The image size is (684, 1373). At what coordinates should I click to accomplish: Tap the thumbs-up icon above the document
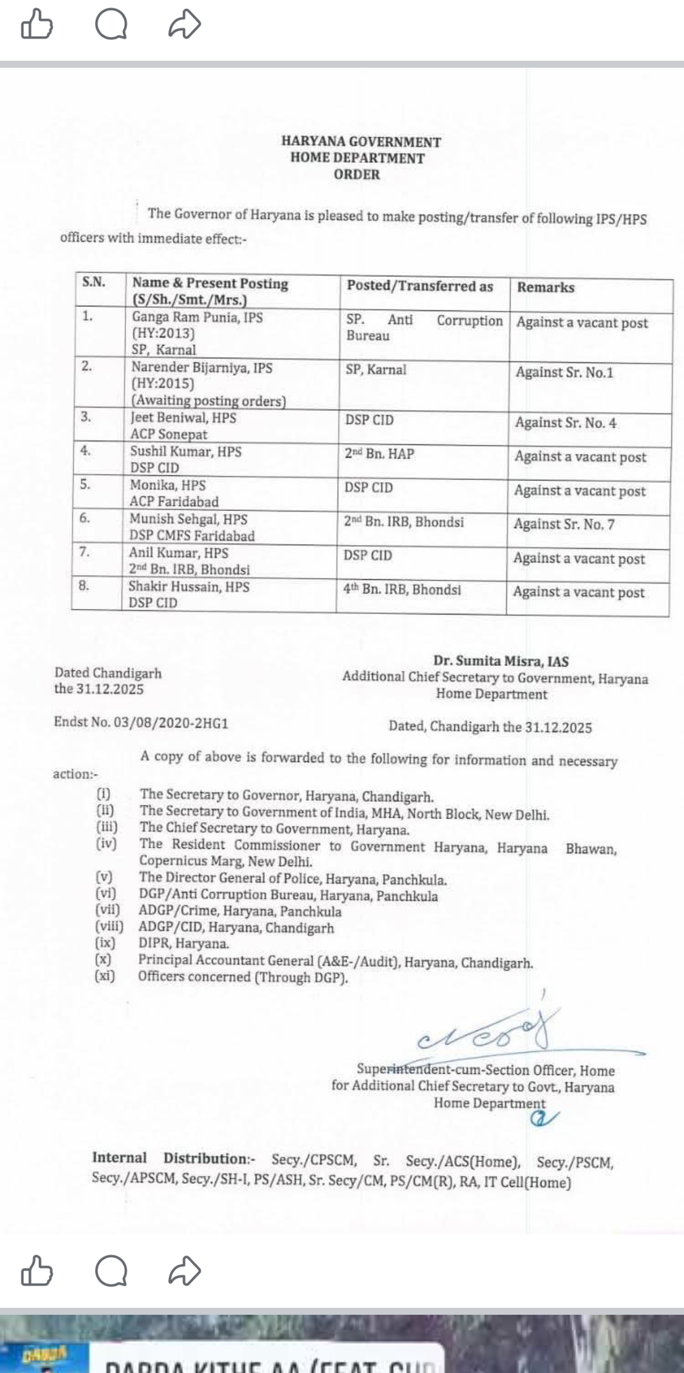click(36, 25)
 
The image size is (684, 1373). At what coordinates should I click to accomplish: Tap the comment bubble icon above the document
click(111, 25)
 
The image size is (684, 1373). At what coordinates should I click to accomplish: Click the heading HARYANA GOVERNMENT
click(361, 142)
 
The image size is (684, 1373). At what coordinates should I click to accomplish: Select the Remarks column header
click(545, 287)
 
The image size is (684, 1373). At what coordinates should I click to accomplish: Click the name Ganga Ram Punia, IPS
click(197, 317)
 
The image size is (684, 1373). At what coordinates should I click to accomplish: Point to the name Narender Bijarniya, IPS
click(201, 367)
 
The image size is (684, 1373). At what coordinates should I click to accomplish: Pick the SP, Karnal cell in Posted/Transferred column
click(376, 370)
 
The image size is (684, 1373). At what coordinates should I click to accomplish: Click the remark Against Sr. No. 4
click(566, 423)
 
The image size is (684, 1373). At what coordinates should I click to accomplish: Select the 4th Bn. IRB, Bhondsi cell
click(402, 589)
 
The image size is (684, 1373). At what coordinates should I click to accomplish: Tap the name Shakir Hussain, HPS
click(189, 587)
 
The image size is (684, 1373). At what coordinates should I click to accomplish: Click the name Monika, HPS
click(168, 486)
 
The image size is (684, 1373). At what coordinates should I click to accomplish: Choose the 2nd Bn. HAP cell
click(379, 454)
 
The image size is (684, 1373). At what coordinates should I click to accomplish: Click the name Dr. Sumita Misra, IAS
click(501, 661)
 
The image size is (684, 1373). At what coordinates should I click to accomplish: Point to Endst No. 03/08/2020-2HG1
click(141, 723)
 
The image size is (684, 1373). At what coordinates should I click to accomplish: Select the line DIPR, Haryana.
click(184, 944)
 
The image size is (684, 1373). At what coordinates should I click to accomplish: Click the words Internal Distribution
click(172, 1158)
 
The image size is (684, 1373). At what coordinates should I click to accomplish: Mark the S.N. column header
click(94, 282)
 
